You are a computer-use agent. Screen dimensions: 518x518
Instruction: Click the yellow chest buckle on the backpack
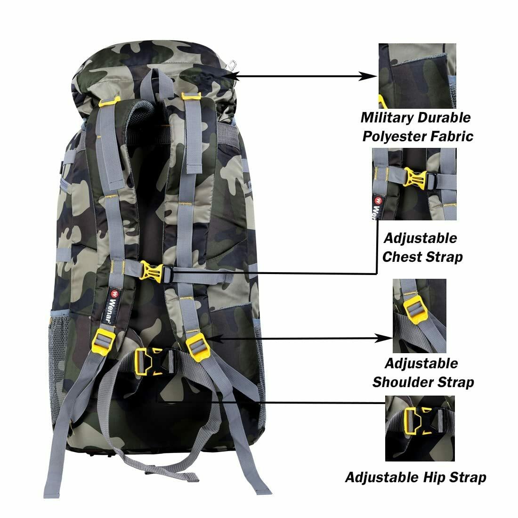[x=152, y=271]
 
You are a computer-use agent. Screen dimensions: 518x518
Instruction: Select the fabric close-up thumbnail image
[x=417, y=76]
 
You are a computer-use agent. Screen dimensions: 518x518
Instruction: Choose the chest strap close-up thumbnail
[x=414, y=184]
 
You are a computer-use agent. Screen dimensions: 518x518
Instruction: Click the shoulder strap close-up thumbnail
[x=419, y=316]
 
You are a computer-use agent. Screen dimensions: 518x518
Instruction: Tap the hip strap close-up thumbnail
[x=420, y=428]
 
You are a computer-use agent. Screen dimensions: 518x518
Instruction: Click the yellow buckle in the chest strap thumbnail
[x=415, y=179]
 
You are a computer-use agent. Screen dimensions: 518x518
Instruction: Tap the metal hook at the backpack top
[x=232, y=65]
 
